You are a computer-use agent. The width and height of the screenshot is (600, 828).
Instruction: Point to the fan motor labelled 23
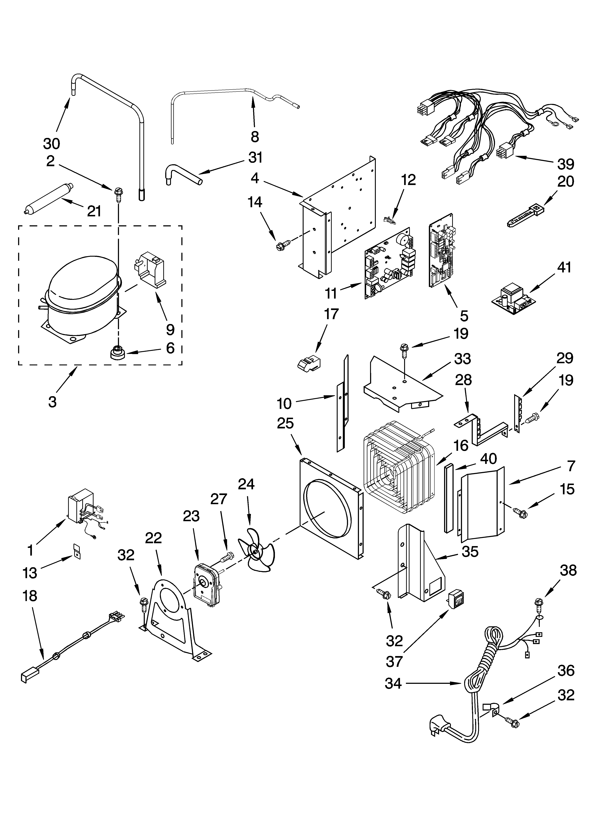[206, 584]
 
